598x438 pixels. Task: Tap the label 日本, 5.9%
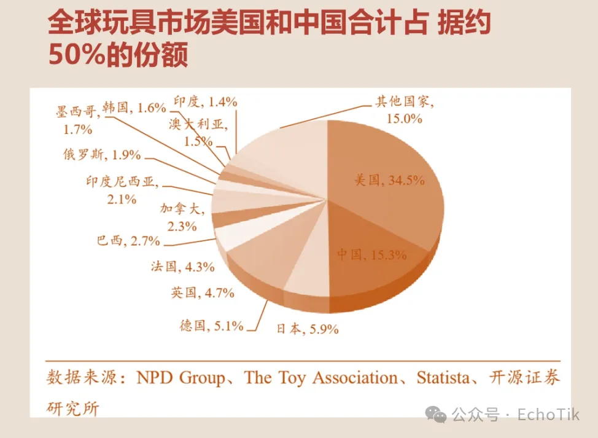coord(307,329)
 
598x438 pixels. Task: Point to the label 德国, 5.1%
coord(211,326)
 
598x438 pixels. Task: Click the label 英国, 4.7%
coord(203,293)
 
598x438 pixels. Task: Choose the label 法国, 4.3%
coord(182,267)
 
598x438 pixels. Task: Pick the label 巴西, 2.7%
coord(128,240)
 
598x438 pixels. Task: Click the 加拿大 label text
coord(181,208)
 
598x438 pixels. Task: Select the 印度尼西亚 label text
coord(122,182)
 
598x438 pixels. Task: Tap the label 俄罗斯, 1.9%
coord(102,154)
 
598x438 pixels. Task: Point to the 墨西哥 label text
coord(76,111)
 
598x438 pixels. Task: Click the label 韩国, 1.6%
coord(134,108)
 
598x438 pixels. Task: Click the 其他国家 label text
coord(405,102)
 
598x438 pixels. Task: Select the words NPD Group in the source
coord(181,377)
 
